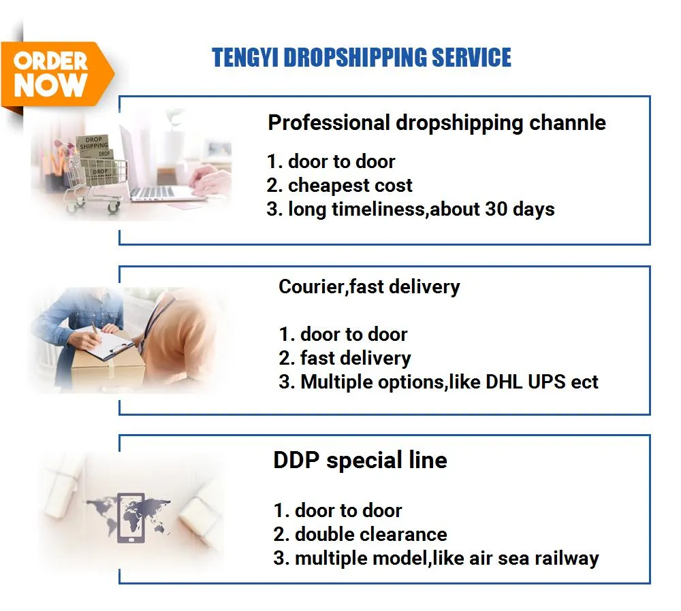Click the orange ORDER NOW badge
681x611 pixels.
point(52,74)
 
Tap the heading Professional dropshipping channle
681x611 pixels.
point(437,123)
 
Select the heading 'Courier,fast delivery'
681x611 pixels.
point(369,287)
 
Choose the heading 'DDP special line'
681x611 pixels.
point(360,461)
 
